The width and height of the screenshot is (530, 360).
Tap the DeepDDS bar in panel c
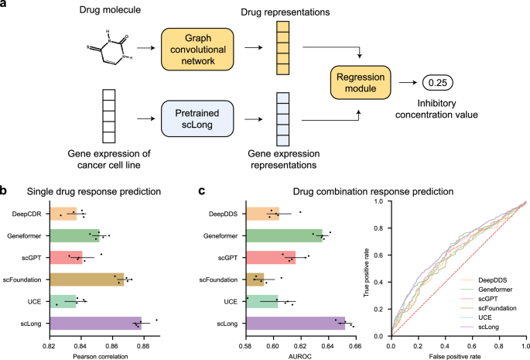[x=262, y=213]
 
